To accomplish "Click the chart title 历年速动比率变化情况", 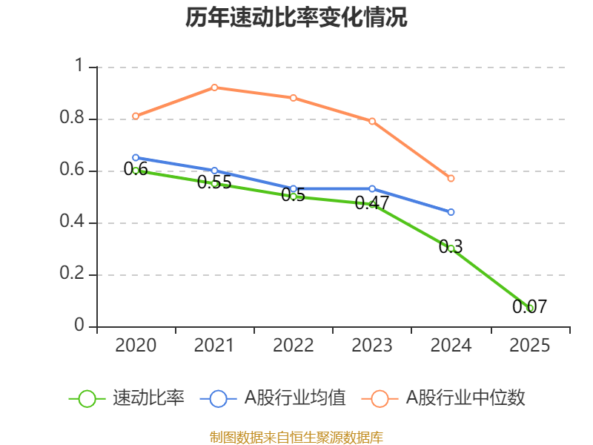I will pos(296,18).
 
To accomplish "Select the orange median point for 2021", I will pos(214,88).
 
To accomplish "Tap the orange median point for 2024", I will pos(451,178).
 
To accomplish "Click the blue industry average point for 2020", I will pos(136,157).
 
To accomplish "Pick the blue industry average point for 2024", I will pos(451,212).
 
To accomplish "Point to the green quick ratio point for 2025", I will pos(529,308).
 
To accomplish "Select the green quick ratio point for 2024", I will pos(451,248).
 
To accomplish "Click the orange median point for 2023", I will pos(372,121).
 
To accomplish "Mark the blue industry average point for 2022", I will pos(293,188).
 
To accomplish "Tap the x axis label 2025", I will pos(529,346).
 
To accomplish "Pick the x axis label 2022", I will pos(293,346).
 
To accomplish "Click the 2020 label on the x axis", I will pos(136,346).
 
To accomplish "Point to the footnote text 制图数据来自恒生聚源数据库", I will pos(296,437).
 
